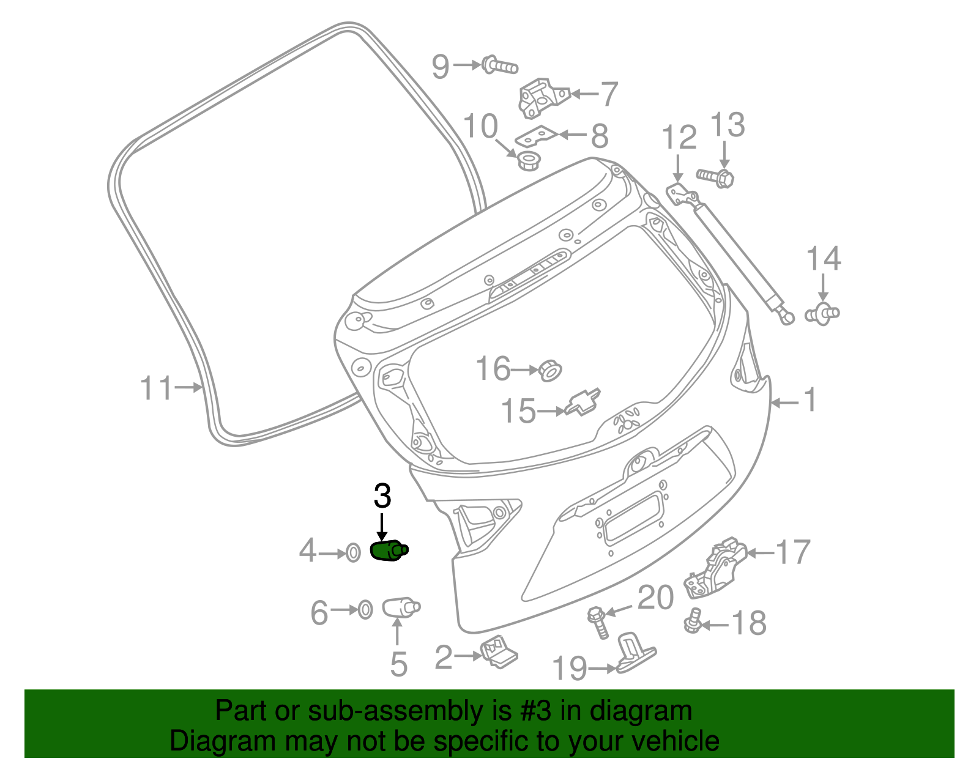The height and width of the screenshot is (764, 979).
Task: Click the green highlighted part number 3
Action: [x=389, y=550]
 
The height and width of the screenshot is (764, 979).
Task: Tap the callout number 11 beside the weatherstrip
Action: [x=156, y=388]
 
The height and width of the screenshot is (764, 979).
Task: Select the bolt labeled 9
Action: [x=500, y=65]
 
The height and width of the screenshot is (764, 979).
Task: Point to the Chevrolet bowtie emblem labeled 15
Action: [x=583, y=402]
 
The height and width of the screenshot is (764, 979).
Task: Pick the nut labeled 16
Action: [x=550, y=371]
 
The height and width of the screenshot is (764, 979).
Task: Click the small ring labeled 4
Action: [x=353, y=553]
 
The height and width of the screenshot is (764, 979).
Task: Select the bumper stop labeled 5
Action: [x=401, y=607]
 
